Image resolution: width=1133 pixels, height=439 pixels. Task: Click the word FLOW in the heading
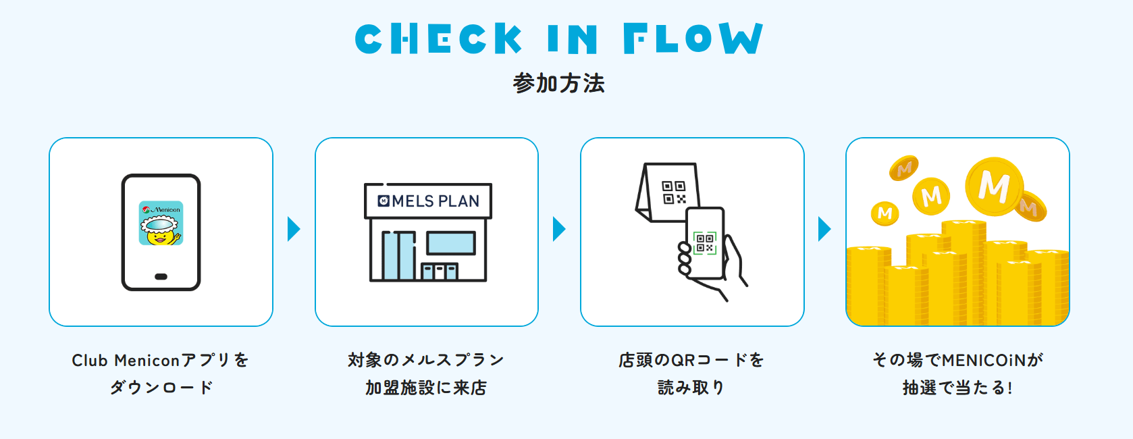click(x=693, y=38)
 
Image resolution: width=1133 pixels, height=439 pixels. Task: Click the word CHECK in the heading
click(x=438, y=38)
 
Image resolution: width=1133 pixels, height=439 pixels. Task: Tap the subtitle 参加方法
click(x=559, y=84)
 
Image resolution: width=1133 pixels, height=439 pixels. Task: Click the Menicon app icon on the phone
click(x=161, y=223)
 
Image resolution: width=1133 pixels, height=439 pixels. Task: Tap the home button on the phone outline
click(x=161, y=277)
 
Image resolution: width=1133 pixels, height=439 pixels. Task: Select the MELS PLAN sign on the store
click(x=428, y=201)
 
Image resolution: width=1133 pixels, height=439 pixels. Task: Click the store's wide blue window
click(x=450, y=243)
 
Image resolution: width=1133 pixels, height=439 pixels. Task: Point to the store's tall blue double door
click(x=398, y=255)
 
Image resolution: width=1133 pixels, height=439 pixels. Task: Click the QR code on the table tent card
click(x=674, y=192)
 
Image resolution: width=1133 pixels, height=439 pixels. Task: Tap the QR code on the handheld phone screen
click(x=705, y=242)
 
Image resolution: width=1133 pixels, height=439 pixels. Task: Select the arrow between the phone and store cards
click(x=294, y=229)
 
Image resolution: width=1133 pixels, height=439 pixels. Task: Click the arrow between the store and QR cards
click(x=559, y=229)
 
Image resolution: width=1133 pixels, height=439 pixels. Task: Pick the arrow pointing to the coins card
click(x=824, y=229)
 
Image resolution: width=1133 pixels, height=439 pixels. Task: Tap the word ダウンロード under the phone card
click(x=161, y=388)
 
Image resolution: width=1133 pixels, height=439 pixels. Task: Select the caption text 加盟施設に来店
click(x=426, y=388)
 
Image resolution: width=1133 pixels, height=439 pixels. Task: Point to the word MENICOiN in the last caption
click(x=983, y=360)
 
